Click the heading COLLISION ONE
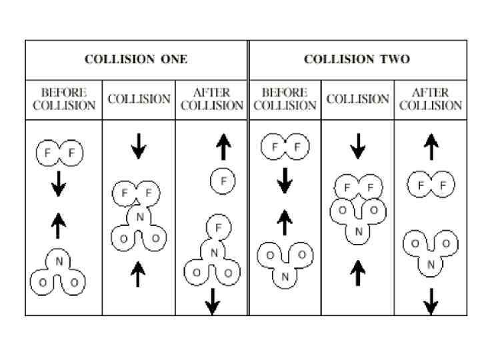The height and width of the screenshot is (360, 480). click(x=136, y=59)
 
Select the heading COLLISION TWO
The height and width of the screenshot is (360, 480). click(x=357, y=59)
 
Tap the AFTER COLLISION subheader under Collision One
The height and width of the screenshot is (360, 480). click(x=211, y=99)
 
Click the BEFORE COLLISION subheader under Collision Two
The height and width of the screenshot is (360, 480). click(x=285, y=99)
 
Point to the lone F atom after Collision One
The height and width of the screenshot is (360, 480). click(x=223, y=180)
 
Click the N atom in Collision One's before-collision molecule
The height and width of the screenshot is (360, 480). click(x=59, y=261)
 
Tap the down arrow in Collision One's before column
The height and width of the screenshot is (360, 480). click(x=59, y=183)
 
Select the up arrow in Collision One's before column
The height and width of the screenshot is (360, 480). click(x=59, y=226)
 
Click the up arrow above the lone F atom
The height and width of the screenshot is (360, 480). click(x=223, y=147)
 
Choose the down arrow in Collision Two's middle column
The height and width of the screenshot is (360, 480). click(x=358, y=146)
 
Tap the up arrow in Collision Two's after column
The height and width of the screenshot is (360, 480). click(x=431, y=147)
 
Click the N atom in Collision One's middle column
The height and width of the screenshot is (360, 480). click(x=139, y=217)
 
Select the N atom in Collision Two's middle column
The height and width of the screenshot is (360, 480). click(x=359, y=232)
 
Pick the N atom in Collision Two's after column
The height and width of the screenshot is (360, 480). click(x=431, y=265)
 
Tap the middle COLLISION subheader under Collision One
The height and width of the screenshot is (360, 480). click(x=139, y=99)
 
